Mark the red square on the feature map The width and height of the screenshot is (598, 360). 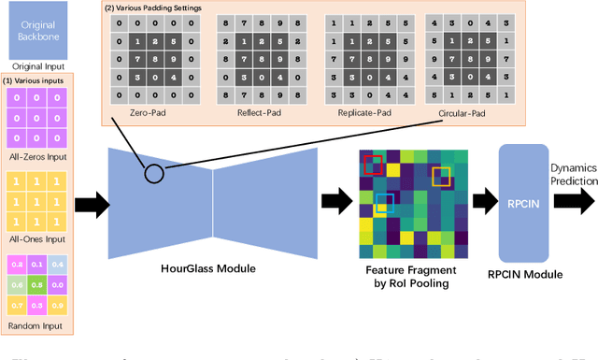pos(374,139)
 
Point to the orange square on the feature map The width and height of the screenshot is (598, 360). pos(441,151)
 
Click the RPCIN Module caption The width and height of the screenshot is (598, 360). pos(526,274)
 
